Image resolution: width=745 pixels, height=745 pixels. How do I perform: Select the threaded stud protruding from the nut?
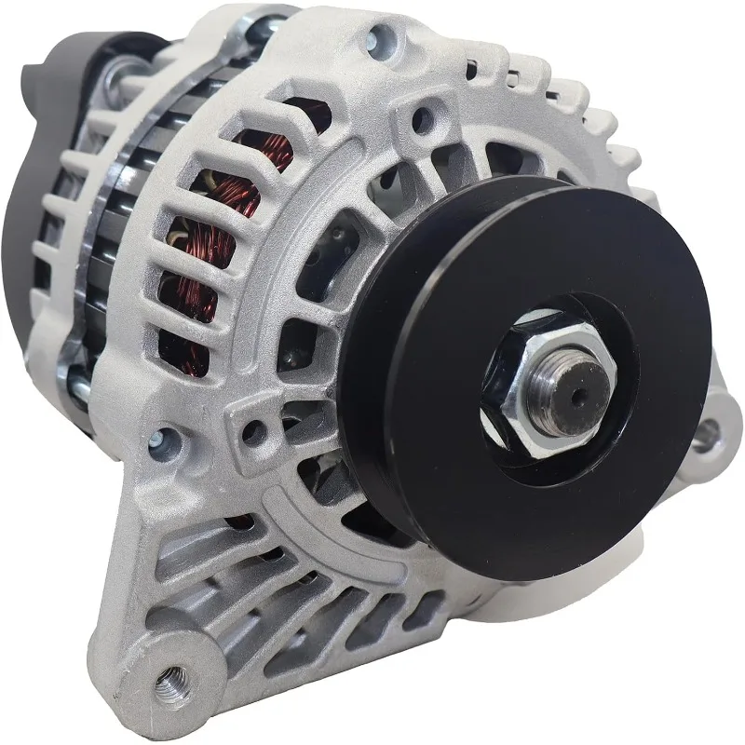[559, 391]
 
